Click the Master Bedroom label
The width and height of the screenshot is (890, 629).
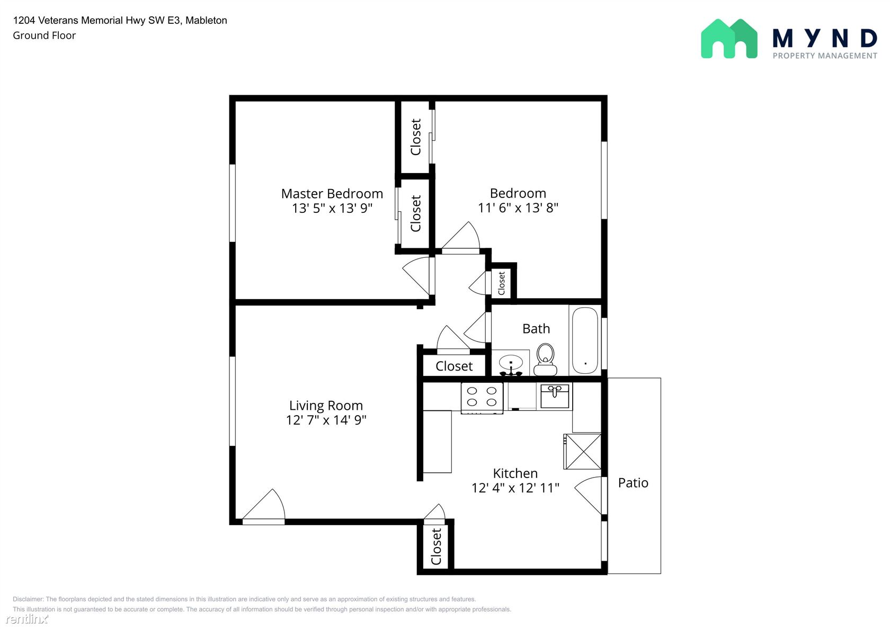point(332,194)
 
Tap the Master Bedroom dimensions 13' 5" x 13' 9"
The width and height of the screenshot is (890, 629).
point(332,208)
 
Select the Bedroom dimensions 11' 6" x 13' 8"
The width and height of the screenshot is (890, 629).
point(518,208)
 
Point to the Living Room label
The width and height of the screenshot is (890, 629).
point(326,406)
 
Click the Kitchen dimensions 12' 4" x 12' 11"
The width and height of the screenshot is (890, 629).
point(515,488)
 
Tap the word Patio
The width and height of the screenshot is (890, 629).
point(633,483)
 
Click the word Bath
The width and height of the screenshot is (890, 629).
point(536,329)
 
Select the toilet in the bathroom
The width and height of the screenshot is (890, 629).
point(545,360)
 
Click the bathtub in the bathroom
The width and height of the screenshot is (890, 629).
point(585,340)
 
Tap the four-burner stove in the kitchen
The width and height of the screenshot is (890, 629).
point(482,397)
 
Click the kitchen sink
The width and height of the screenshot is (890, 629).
point(555,396)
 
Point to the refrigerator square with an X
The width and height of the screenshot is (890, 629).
point(583,452)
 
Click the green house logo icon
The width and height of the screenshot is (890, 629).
point(729,39)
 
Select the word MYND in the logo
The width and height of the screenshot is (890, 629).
point(824,39)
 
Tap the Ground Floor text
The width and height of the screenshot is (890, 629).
point(44,35)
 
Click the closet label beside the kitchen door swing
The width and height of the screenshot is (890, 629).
point(436,546)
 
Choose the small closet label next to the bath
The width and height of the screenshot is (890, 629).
point(501,283)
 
